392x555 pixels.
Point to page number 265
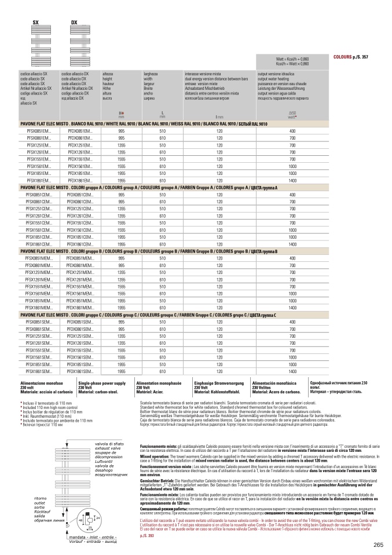(x=378, y=544)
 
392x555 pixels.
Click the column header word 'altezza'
(x=108, y=74)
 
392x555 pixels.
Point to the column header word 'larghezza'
(x=151, y=74)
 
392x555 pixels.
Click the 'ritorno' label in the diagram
(x=40, y=498)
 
